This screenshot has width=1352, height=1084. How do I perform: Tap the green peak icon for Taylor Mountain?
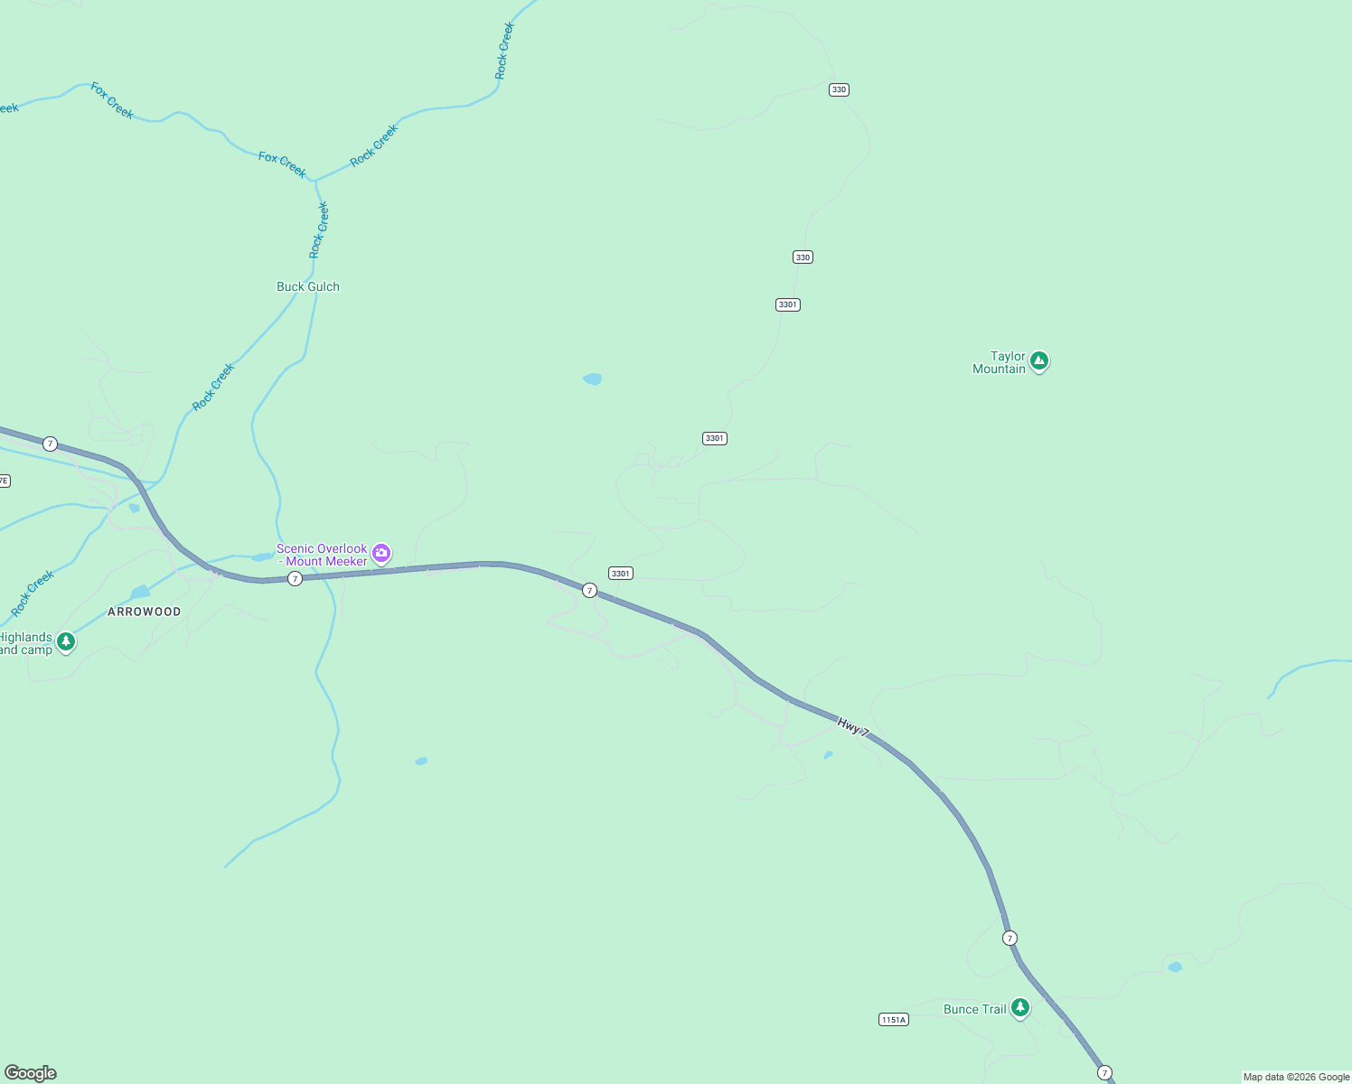click(x=1039, y=361)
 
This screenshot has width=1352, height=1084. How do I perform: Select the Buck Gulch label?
click(x=308, y=286)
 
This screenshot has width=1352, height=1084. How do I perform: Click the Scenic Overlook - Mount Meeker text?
click(x=322, y=555)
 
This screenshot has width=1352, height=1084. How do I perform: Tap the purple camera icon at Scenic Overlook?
click(x=381, y=553)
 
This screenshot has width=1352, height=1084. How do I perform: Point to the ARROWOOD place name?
click(x=145, y=612)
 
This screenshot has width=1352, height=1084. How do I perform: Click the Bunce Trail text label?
click(x=974, y=1009)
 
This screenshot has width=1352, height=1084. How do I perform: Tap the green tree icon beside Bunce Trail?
click(x=1020, y=1007)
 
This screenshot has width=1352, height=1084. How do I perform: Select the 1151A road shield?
click(x=893, y=1020)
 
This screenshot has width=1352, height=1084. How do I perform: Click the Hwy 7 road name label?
click(x=853, y=726)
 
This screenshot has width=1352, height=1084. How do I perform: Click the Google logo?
click(x=31, y=1073)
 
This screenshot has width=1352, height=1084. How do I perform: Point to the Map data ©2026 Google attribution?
click(x=1296, y=1077)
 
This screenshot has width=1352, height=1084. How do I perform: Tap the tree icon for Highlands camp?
click(x=65, y=641)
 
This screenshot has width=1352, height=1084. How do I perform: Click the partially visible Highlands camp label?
click(x=25, y=643)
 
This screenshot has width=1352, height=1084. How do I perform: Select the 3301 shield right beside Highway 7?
click(x=621, y=574)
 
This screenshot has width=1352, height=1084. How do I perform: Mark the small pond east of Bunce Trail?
click(x=1175, y=967)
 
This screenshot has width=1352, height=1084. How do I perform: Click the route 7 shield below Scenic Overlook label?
click(x=295, y=578)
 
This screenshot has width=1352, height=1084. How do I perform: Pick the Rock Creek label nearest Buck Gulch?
click(x=319, y=230)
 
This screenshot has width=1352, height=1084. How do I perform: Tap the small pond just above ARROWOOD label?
click(x=140, y=593)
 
